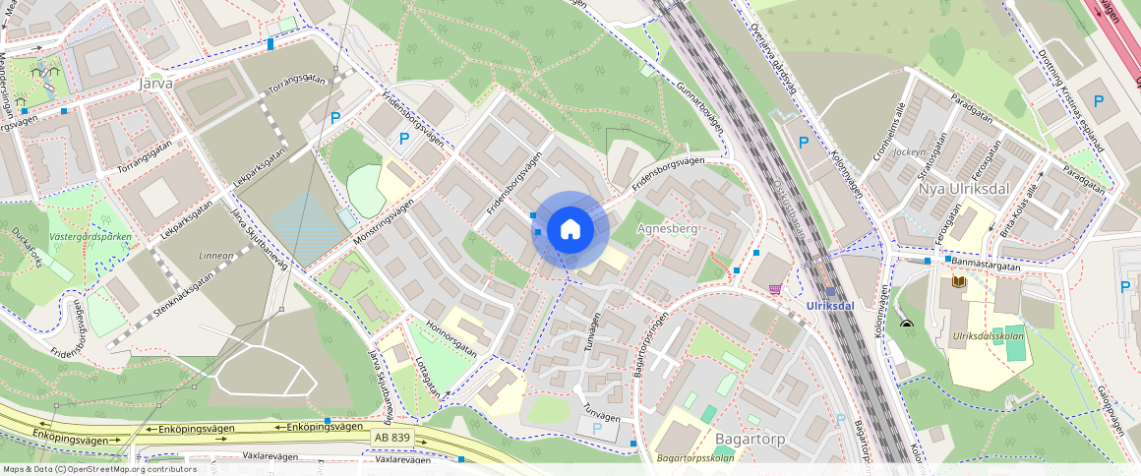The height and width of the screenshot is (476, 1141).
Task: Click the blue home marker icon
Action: click(570, 230)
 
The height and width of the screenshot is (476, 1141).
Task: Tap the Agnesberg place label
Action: click(668, 228)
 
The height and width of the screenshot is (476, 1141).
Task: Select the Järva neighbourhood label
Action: click(156, 84)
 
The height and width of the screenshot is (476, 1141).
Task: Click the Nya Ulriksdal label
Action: click(963, 188)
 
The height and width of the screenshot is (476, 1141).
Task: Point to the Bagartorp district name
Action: click(751, 439)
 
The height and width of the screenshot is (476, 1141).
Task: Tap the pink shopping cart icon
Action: click(776, 289)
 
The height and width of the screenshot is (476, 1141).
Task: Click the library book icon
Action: click(959, 282)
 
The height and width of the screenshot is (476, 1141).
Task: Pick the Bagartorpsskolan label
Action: click(695, 458)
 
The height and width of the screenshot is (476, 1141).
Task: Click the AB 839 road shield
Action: click(391, 437)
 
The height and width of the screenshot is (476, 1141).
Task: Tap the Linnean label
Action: click(216, 256)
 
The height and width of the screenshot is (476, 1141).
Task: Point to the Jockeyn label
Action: click(910, 152)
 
